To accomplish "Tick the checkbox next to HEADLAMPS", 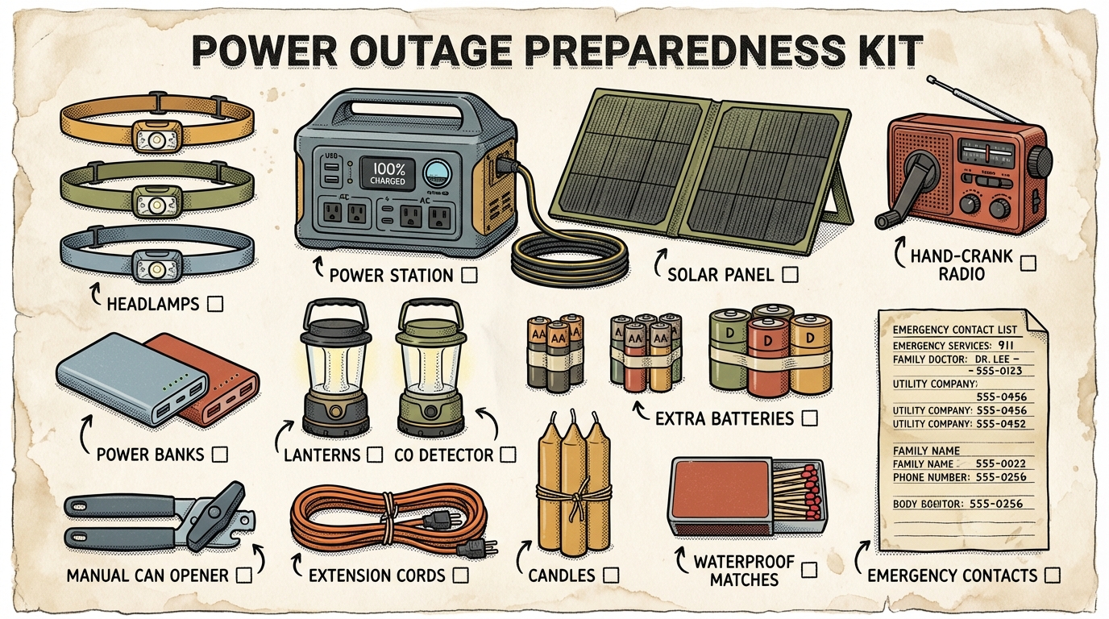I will click(215, 304).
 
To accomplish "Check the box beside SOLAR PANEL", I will click(791, 275).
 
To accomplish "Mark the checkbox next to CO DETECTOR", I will click(508, 455).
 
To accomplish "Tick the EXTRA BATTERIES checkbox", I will click(810, 418).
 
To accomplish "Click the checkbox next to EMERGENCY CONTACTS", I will click(1051, 575).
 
